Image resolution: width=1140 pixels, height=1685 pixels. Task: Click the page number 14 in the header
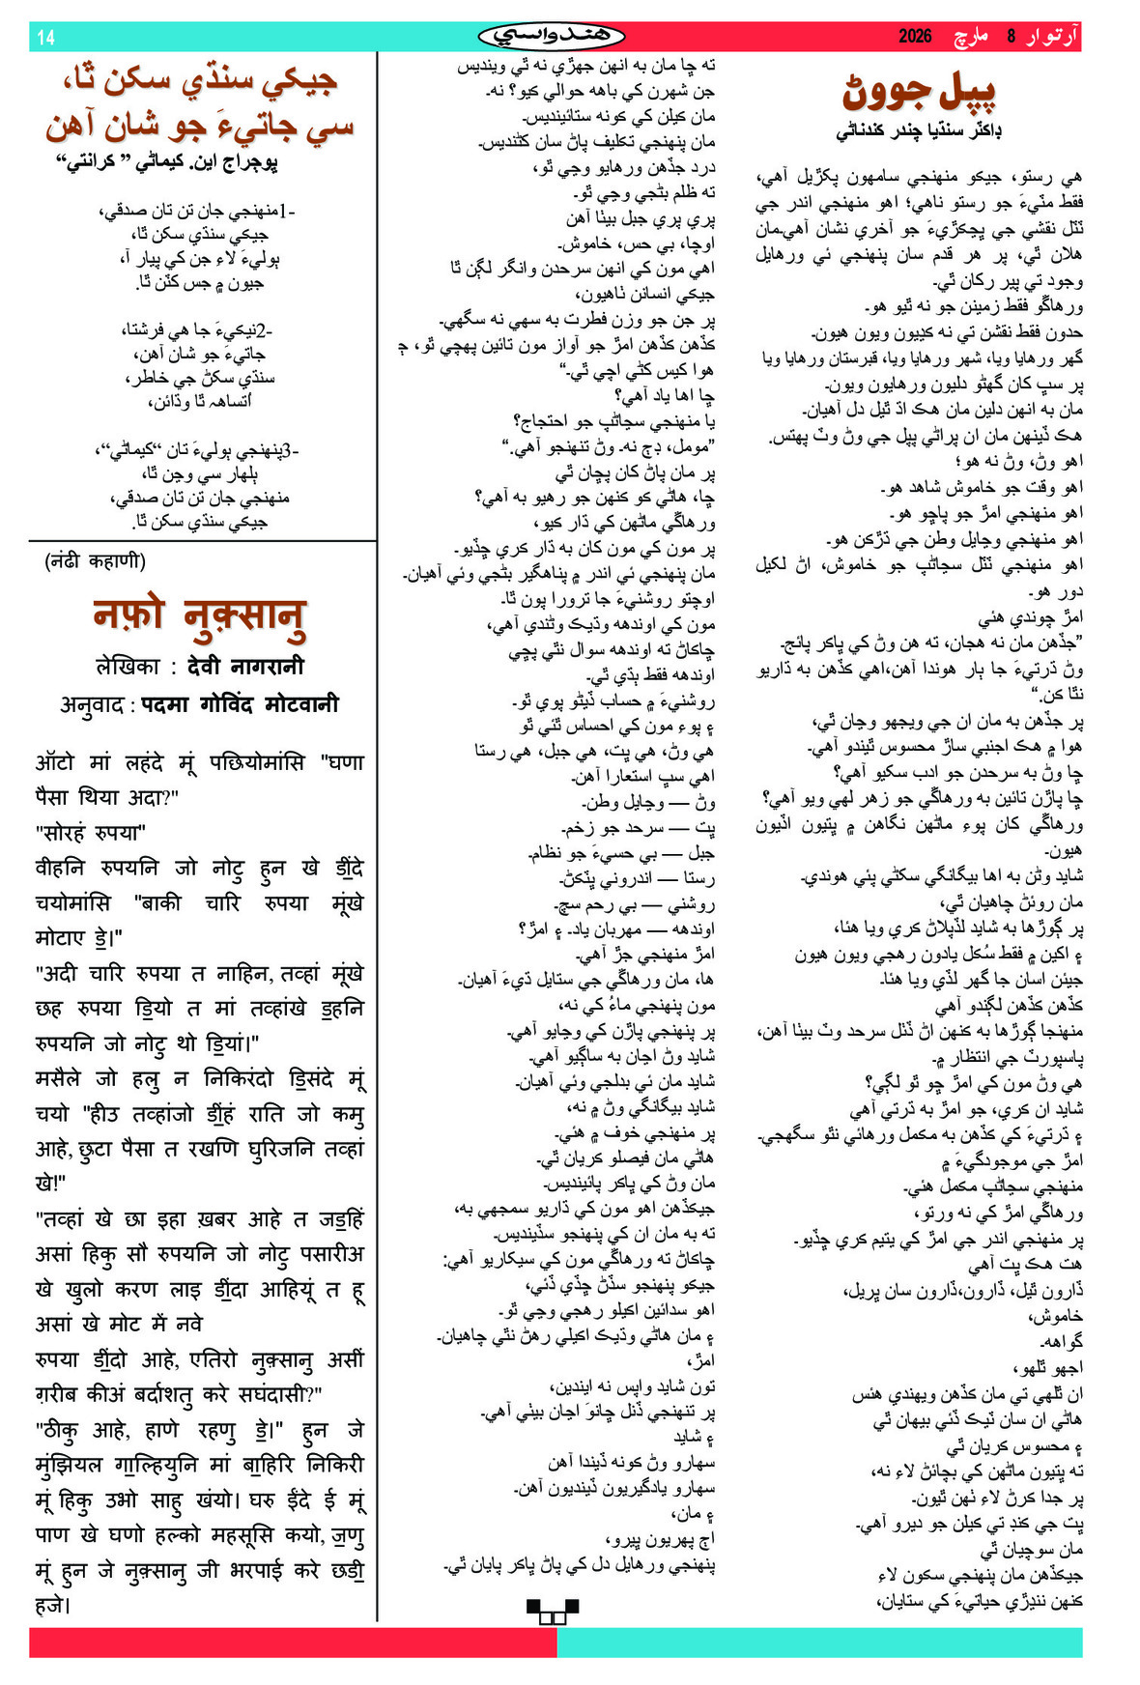pyautogui.click(x=45, y=38)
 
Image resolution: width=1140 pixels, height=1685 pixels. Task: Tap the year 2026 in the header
pyautogui.click(x=914, y=37)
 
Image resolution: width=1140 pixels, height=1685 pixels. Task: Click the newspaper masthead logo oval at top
pyautogui.click(x=552, y=37)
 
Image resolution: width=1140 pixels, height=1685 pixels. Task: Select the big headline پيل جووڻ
pyautogui.click(x=919, y=93)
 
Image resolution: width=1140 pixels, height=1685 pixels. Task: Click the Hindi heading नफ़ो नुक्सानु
pyautogui.click(x=200, y=616)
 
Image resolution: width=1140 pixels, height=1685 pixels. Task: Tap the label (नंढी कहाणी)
pyautogui.click(x=95, y=561)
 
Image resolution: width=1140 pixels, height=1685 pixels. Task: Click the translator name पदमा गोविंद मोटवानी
pyautogui.click(x=241, y=704)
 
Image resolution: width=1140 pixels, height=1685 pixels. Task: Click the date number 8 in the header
pyautogui.click(x=1012, y=37)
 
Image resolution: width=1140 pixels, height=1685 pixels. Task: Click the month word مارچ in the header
pyautogui.click(x=971, y=37)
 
